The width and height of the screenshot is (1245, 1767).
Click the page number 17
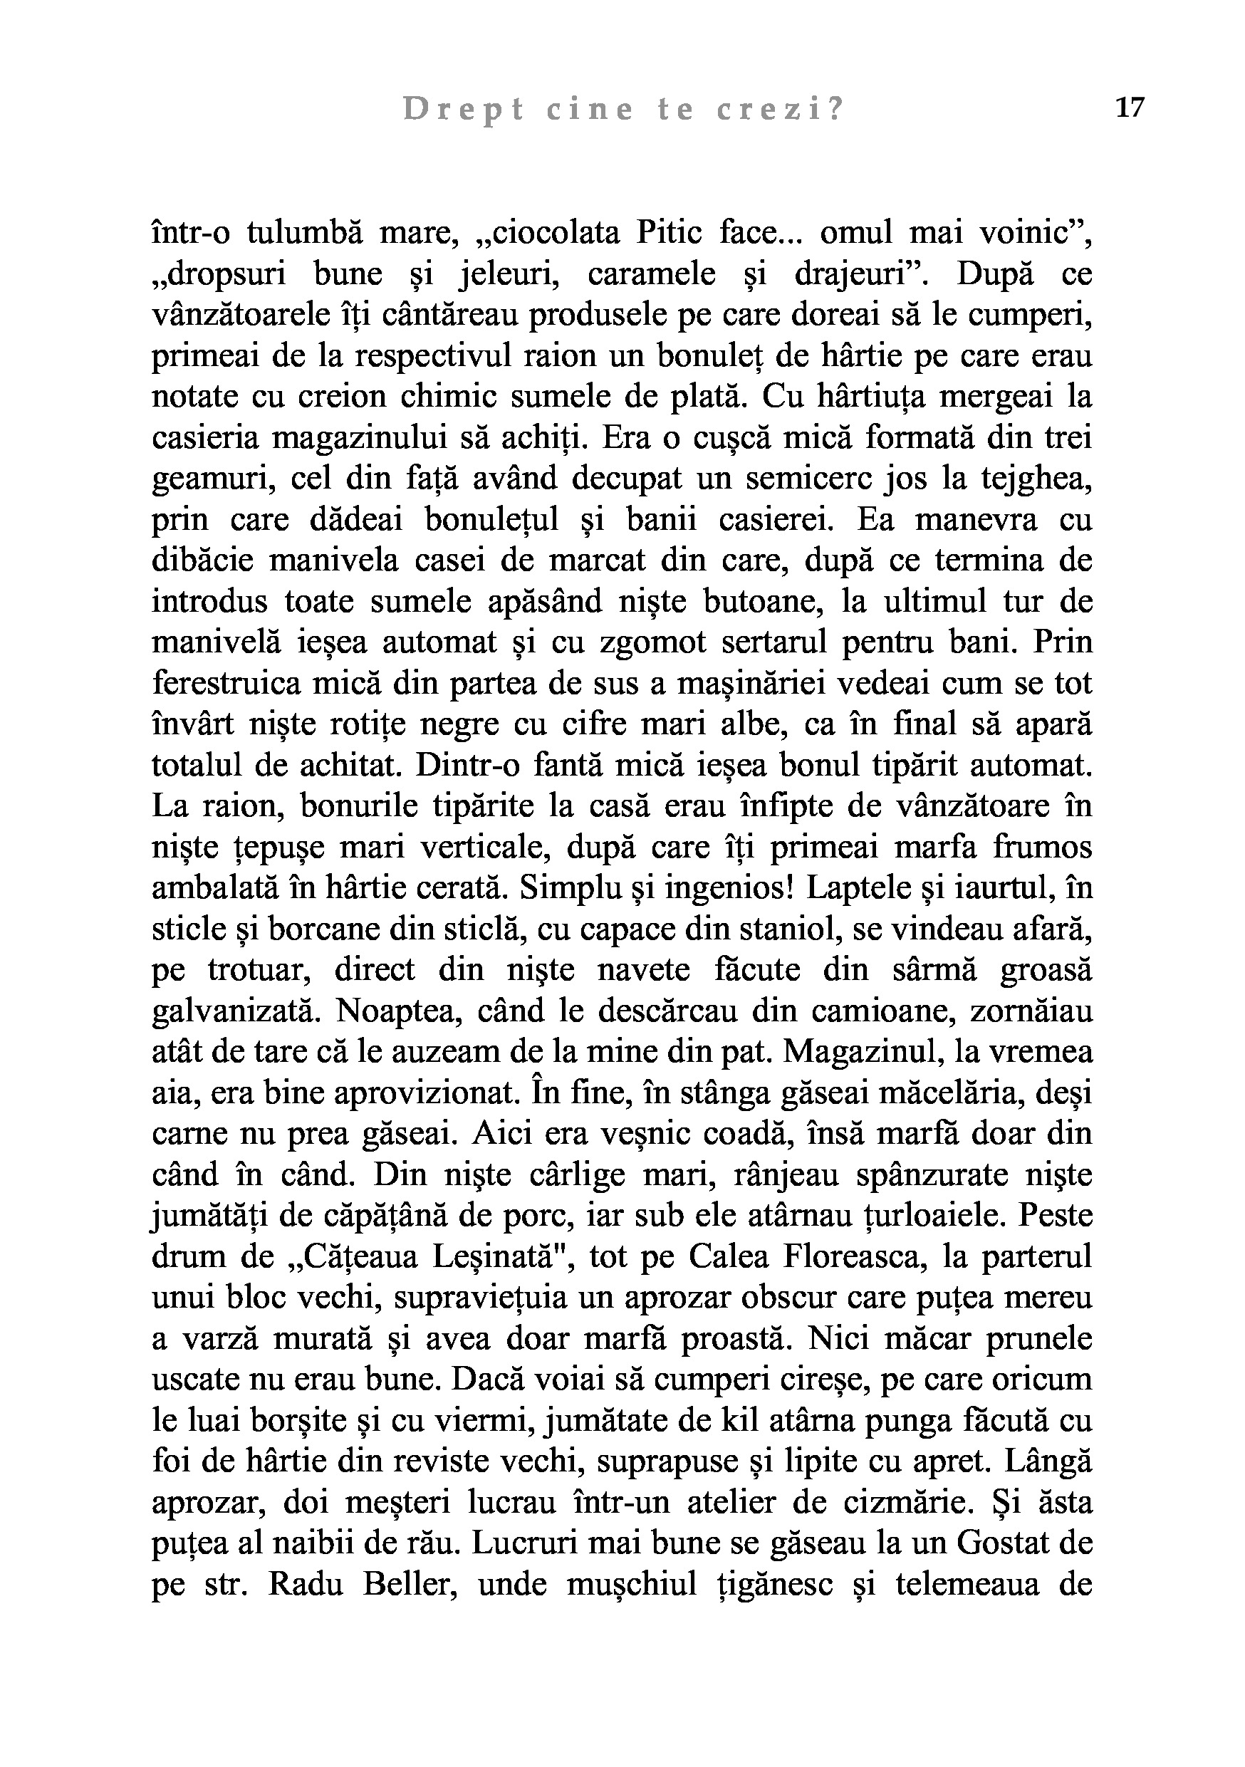click(x=1130, y=108)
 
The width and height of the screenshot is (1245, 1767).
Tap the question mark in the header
click(x=835, y=111)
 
